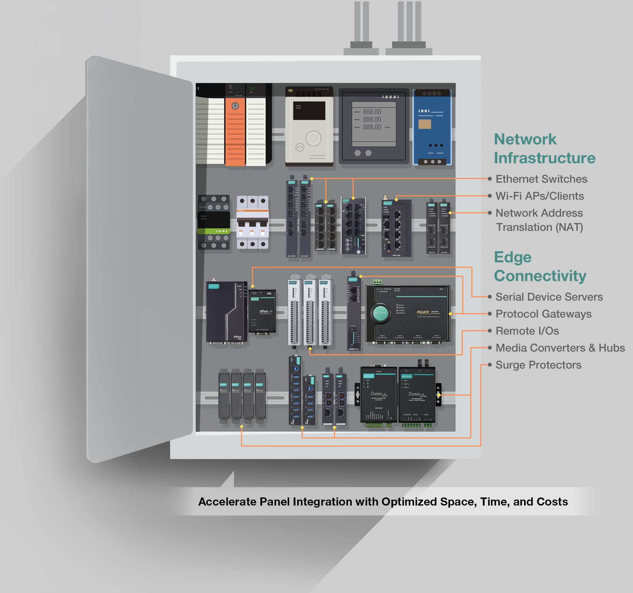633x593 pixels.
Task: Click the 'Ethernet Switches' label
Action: pyautogui.click(x=541, y=179)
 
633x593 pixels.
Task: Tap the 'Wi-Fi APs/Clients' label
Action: pyautogui.click(x=539, y=196)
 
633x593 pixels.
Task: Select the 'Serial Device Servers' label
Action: pyautogui.click(x=549, y=297)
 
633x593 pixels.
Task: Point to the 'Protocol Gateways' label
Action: pyautogui.click(x=543, y=314)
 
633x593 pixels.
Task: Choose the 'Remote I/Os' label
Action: pyautogui.click(x=527, y=331)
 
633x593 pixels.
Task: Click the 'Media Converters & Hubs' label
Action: pyautogui.click(x=560, y=348)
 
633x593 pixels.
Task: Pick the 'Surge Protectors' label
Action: pyautogui.click(x=538, y=365)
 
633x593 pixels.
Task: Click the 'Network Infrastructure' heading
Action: pyautogui.click(x=544, y=149)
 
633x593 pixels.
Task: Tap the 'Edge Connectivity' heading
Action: pyautogui.click(x=540, y=267)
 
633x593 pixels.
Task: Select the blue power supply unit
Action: pyautogui.click(x=432, y=127)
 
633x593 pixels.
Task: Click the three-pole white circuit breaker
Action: pyautogui.click(x=252, y=222)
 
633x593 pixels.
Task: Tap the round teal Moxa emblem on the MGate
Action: pyautogui.click(x=380, y=313)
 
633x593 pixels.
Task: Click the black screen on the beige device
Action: pyautogui.click(x=309, y=110)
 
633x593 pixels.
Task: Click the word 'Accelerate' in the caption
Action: pyautogui.click(x=227, y=502)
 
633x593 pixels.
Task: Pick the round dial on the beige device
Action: pyautogui.click(x=313, y=138)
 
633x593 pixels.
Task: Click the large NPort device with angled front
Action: pyautogui.click(x=226, y=312)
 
